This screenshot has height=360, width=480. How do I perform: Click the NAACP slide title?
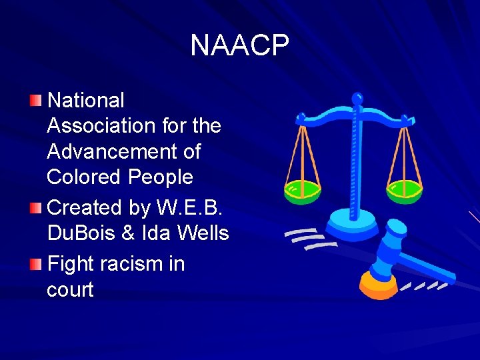click(x=239, y=45)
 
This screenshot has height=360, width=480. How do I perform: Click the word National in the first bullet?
click(x=86, y=101)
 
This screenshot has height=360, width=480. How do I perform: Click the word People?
click(x=161, y=177)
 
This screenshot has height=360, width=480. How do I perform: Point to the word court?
click(x=70, y=290)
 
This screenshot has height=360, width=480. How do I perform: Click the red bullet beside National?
click(x=35, y=101)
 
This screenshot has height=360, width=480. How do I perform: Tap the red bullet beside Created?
click(x=35, y=207)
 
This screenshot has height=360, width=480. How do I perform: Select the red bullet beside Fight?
click(x=35, y=264)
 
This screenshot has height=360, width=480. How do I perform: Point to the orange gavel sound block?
click(x=378, y=285)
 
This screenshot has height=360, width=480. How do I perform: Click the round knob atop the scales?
click(x=358, y=99)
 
